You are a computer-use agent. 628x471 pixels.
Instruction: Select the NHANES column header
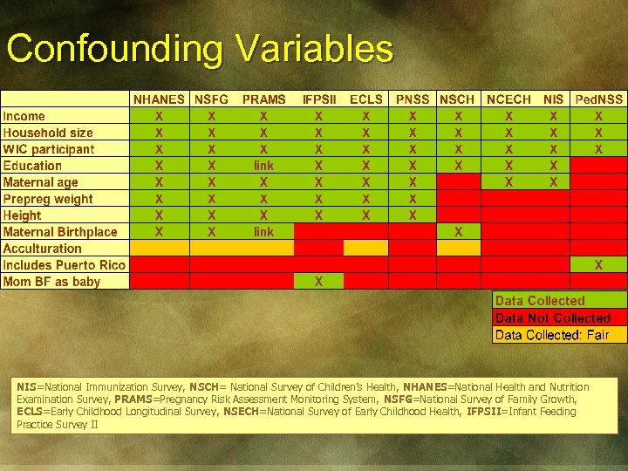click(x=159, y=99)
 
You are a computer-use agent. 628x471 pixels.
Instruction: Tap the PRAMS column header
click(x=263, y=99)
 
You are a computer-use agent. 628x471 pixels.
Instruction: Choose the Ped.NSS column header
click(x=598, y=99)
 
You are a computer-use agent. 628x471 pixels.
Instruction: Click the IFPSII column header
click(x=318, y=99)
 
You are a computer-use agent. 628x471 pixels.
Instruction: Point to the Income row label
click(x=24, y=116)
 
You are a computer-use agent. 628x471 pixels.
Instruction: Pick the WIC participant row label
click(x=49, y=149)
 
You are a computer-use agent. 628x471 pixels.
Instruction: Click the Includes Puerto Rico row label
click(x=64, y=265)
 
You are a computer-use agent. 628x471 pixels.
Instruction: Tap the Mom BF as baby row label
click(x=51, y=282)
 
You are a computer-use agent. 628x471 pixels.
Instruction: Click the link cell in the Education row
click(x=263, y=166)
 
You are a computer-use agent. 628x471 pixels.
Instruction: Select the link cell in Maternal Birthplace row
click(x=263, y=232)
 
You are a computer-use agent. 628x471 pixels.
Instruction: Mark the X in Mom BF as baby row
click(x=318, y=282)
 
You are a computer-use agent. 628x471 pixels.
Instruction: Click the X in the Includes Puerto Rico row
click(x=598, y=265)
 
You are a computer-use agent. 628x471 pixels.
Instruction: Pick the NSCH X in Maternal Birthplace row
click(x=458, y=232)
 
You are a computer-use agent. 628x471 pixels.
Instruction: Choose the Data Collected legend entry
click(x=540, y=301)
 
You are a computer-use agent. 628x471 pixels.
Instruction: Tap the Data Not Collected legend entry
click(x=553, y=318)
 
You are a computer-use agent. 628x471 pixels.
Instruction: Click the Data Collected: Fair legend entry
click(x=552, y=335)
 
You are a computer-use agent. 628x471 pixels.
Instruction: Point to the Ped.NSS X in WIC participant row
click(x=598, y=149)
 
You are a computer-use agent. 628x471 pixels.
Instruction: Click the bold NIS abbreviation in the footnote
click(x=26, y=387)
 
